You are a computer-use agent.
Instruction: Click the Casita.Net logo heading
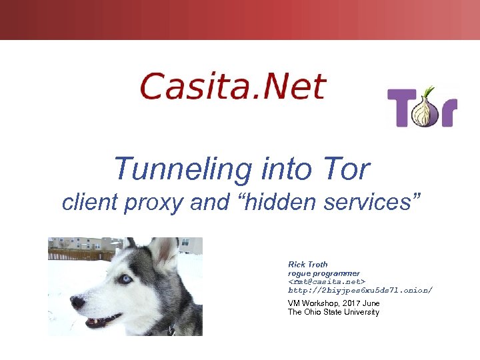(233, 87)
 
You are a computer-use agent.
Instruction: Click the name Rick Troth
(308, 265)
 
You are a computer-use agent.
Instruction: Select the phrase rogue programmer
(324, 273)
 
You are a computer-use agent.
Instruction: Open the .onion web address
(360, 291)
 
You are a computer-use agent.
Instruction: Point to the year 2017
(352, 303)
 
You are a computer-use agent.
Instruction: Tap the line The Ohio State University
(333, 312)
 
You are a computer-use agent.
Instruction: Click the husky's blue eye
(125, 279)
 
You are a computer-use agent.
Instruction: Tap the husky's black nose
(77, 302)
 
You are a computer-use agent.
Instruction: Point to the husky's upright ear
(163, 252)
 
